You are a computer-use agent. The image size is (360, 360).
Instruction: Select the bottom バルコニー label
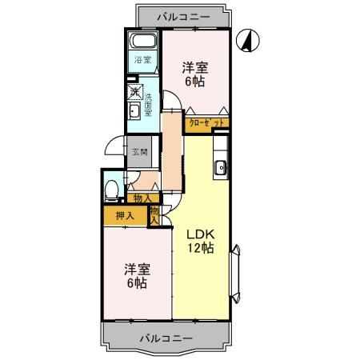(166, 338)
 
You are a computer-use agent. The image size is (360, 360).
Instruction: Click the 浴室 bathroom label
(142, 61)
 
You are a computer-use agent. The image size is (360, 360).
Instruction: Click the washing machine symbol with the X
(134, 90)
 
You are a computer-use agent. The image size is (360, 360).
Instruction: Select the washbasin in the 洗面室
(134, 110)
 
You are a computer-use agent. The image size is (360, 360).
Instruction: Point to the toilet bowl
(112, 190)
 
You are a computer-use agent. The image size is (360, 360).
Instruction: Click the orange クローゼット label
(206, 123)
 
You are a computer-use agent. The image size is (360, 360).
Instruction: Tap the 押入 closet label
(124, 215)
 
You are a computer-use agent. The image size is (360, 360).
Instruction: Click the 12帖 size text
(202, 248)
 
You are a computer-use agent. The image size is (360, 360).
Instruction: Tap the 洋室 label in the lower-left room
(135, 269)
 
